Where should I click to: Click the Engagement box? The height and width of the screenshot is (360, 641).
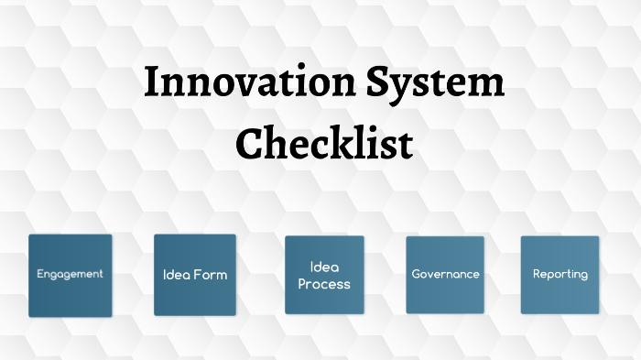coord(71,275)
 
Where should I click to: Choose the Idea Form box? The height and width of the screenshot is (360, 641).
coord(195,275)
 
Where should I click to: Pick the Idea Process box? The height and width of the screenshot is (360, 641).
coord(324,275)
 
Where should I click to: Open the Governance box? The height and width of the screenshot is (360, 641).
coord(445,275)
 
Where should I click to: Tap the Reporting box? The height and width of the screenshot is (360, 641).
coord(560,275)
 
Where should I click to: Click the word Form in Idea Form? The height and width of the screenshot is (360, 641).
coord(211,275)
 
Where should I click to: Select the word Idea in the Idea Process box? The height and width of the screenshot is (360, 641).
coord(324,267)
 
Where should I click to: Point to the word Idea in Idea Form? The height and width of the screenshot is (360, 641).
coord(176,275)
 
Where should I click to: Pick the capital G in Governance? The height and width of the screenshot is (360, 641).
coord(416,274)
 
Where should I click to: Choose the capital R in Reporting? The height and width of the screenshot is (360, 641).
coord(537,274)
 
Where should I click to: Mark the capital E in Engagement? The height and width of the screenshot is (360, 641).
coord(40,274)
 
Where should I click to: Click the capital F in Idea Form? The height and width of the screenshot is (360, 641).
coord(196,275)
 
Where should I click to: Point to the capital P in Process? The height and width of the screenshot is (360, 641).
coord(303,284)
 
